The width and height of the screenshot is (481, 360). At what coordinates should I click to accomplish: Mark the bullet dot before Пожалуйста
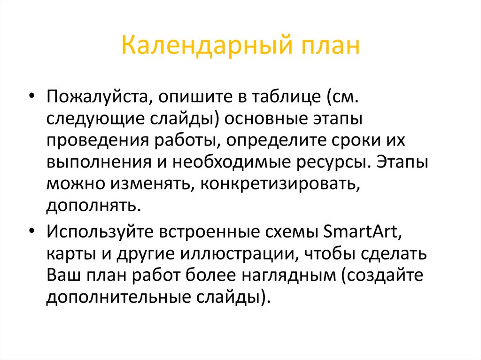tap(31, 96)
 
